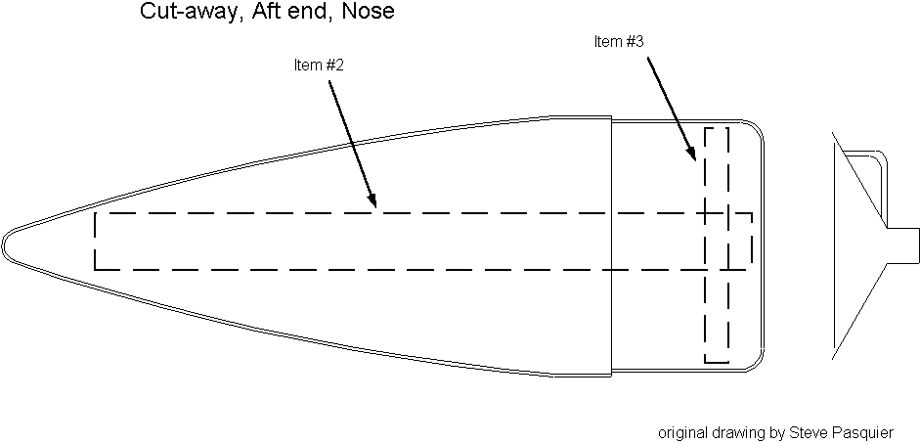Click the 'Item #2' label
coord(319,66)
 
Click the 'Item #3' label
coord(619,41)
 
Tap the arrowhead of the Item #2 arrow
coord(373,205)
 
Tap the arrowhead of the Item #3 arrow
coord(693,156)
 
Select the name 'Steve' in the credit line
coord(809,431)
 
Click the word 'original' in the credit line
coord(680,431)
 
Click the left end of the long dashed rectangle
coord(95,241)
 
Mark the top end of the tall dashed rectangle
coord(717,128)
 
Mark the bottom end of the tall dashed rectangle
coord(717,361)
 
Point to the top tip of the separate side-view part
coord(834,133)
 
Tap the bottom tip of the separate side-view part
coord(834,351)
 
